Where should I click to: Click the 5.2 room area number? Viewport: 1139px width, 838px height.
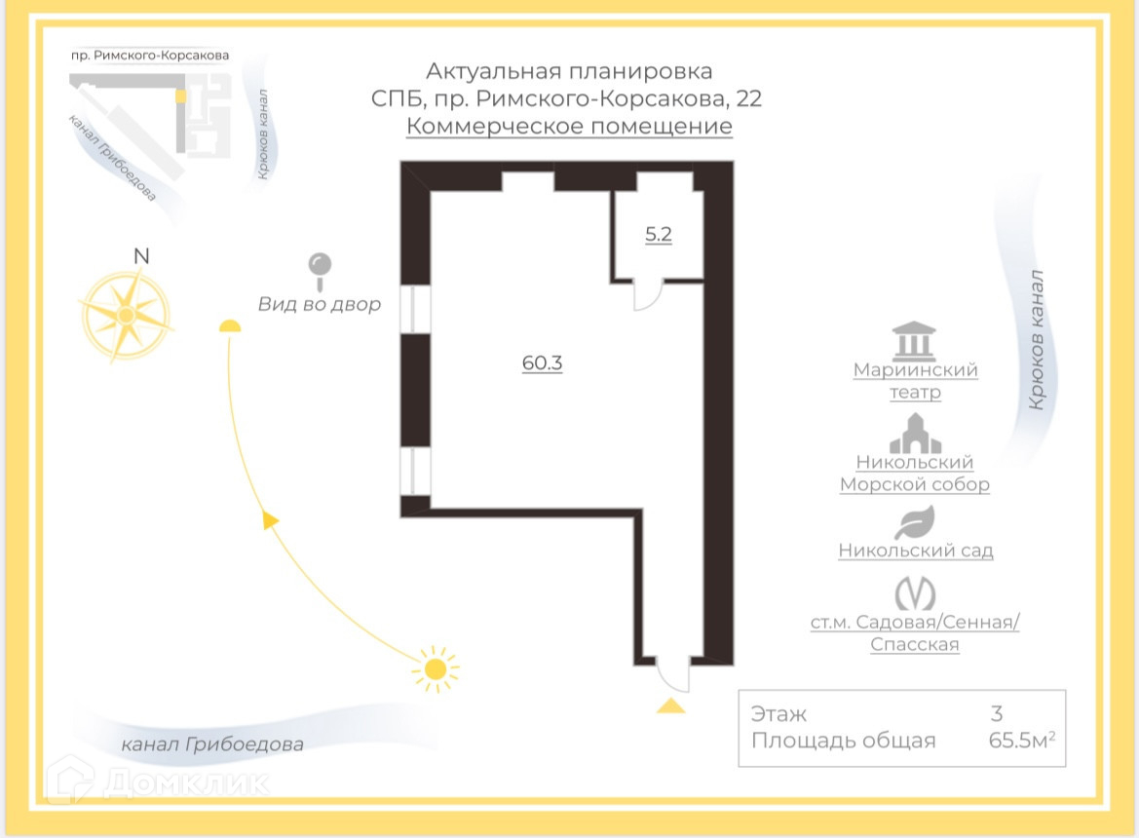659,235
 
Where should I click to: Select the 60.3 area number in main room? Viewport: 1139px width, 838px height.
543,363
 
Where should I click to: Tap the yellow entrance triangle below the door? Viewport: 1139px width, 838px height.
670,705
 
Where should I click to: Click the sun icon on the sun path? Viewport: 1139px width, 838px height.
435,669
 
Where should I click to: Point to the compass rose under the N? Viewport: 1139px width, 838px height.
126,315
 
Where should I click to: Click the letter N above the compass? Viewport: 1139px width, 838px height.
141,256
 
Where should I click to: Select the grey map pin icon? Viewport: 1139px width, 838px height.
320,265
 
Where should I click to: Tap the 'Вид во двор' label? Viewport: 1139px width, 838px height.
320,304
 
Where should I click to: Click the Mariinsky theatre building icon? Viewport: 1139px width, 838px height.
914,341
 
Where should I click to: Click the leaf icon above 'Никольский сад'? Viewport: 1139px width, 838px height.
915,523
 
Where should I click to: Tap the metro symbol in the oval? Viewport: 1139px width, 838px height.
915,592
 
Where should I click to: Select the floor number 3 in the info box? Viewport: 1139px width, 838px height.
996,714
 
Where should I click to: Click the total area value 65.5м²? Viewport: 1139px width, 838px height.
1021,741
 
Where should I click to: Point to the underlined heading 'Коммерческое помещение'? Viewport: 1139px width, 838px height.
569,127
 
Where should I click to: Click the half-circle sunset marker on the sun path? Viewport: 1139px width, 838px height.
229,326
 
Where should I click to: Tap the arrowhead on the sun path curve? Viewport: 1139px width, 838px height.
271,520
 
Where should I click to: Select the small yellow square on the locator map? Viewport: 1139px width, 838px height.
179,96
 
